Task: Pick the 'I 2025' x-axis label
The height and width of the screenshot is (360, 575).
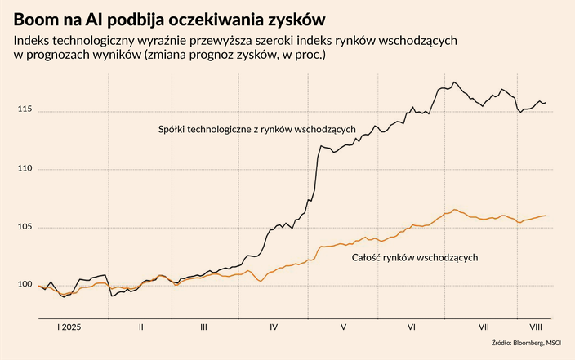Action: [69, 327]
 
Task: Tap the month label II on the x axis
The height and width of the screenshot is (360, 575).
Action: [140, 327]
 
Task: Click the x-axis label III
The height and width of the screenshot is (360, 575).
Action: [203, 327]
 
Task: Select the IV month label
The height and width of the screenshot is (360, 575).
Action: [273, 327]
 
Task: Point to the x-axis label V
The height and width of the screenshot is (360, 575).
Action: [343, 327]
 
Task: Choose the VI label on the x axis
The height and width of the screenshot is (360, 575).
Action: [412, 327]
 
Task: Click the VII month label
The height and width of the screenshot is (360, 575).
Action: [483, 327]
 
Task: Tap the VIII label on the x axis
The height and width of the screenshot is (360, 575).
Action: [534, 327]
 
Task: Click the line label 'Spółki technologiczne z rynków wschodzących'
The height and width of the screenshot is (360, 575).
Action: [256, 130]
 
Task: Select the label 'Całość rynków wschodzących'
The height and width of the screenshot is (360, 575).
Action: [414, 258]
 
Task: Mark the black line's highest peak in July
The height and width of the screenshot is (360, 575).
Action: [455, 82]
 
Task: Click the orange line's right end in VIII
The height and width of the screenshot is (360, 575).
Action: [546, 216]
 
